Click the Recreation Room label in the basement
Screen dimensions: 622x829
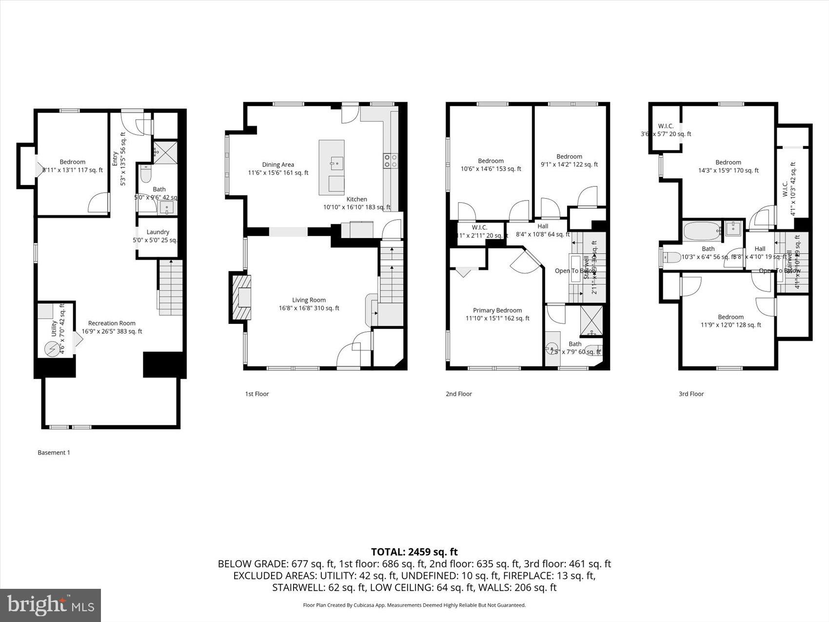click(112, 323)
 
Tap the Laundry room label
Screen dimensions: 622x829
click(158, 232)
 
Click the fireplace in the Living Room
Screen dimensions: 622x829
click(241, 297)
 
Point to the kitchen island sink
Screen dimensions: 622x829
click(336, 163)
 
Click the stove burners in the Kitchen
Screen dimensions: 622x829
click(391, 161)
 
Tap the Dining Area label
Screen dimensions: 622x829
click(278, 164)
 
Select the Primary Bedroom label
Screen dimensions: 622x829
click(497, 310)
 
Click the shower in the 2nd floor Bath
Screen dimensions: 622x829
click(592, 321)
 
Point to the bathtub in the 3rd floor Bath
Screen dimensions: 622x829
click(702, 231)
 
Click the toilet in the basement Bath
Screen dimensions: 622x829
click(146, 174)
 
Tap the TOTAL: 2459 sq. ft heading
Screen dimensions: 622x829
click(414, 552)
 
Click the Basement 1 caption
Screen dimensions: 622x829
click(54, 452)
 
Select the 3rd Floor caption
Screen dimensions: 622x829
click(691, 394)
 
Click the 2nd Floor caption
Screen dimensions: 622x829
click(458, 394)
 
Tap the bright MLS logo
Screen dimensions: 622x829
click(51, 605)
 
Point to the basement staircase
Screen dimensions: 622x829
click(170, 288)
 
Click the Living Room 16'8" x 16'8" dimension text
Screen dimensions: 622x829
click(309, 308)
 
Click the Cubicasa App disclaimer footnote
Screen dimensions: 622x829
click(414, 605)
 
